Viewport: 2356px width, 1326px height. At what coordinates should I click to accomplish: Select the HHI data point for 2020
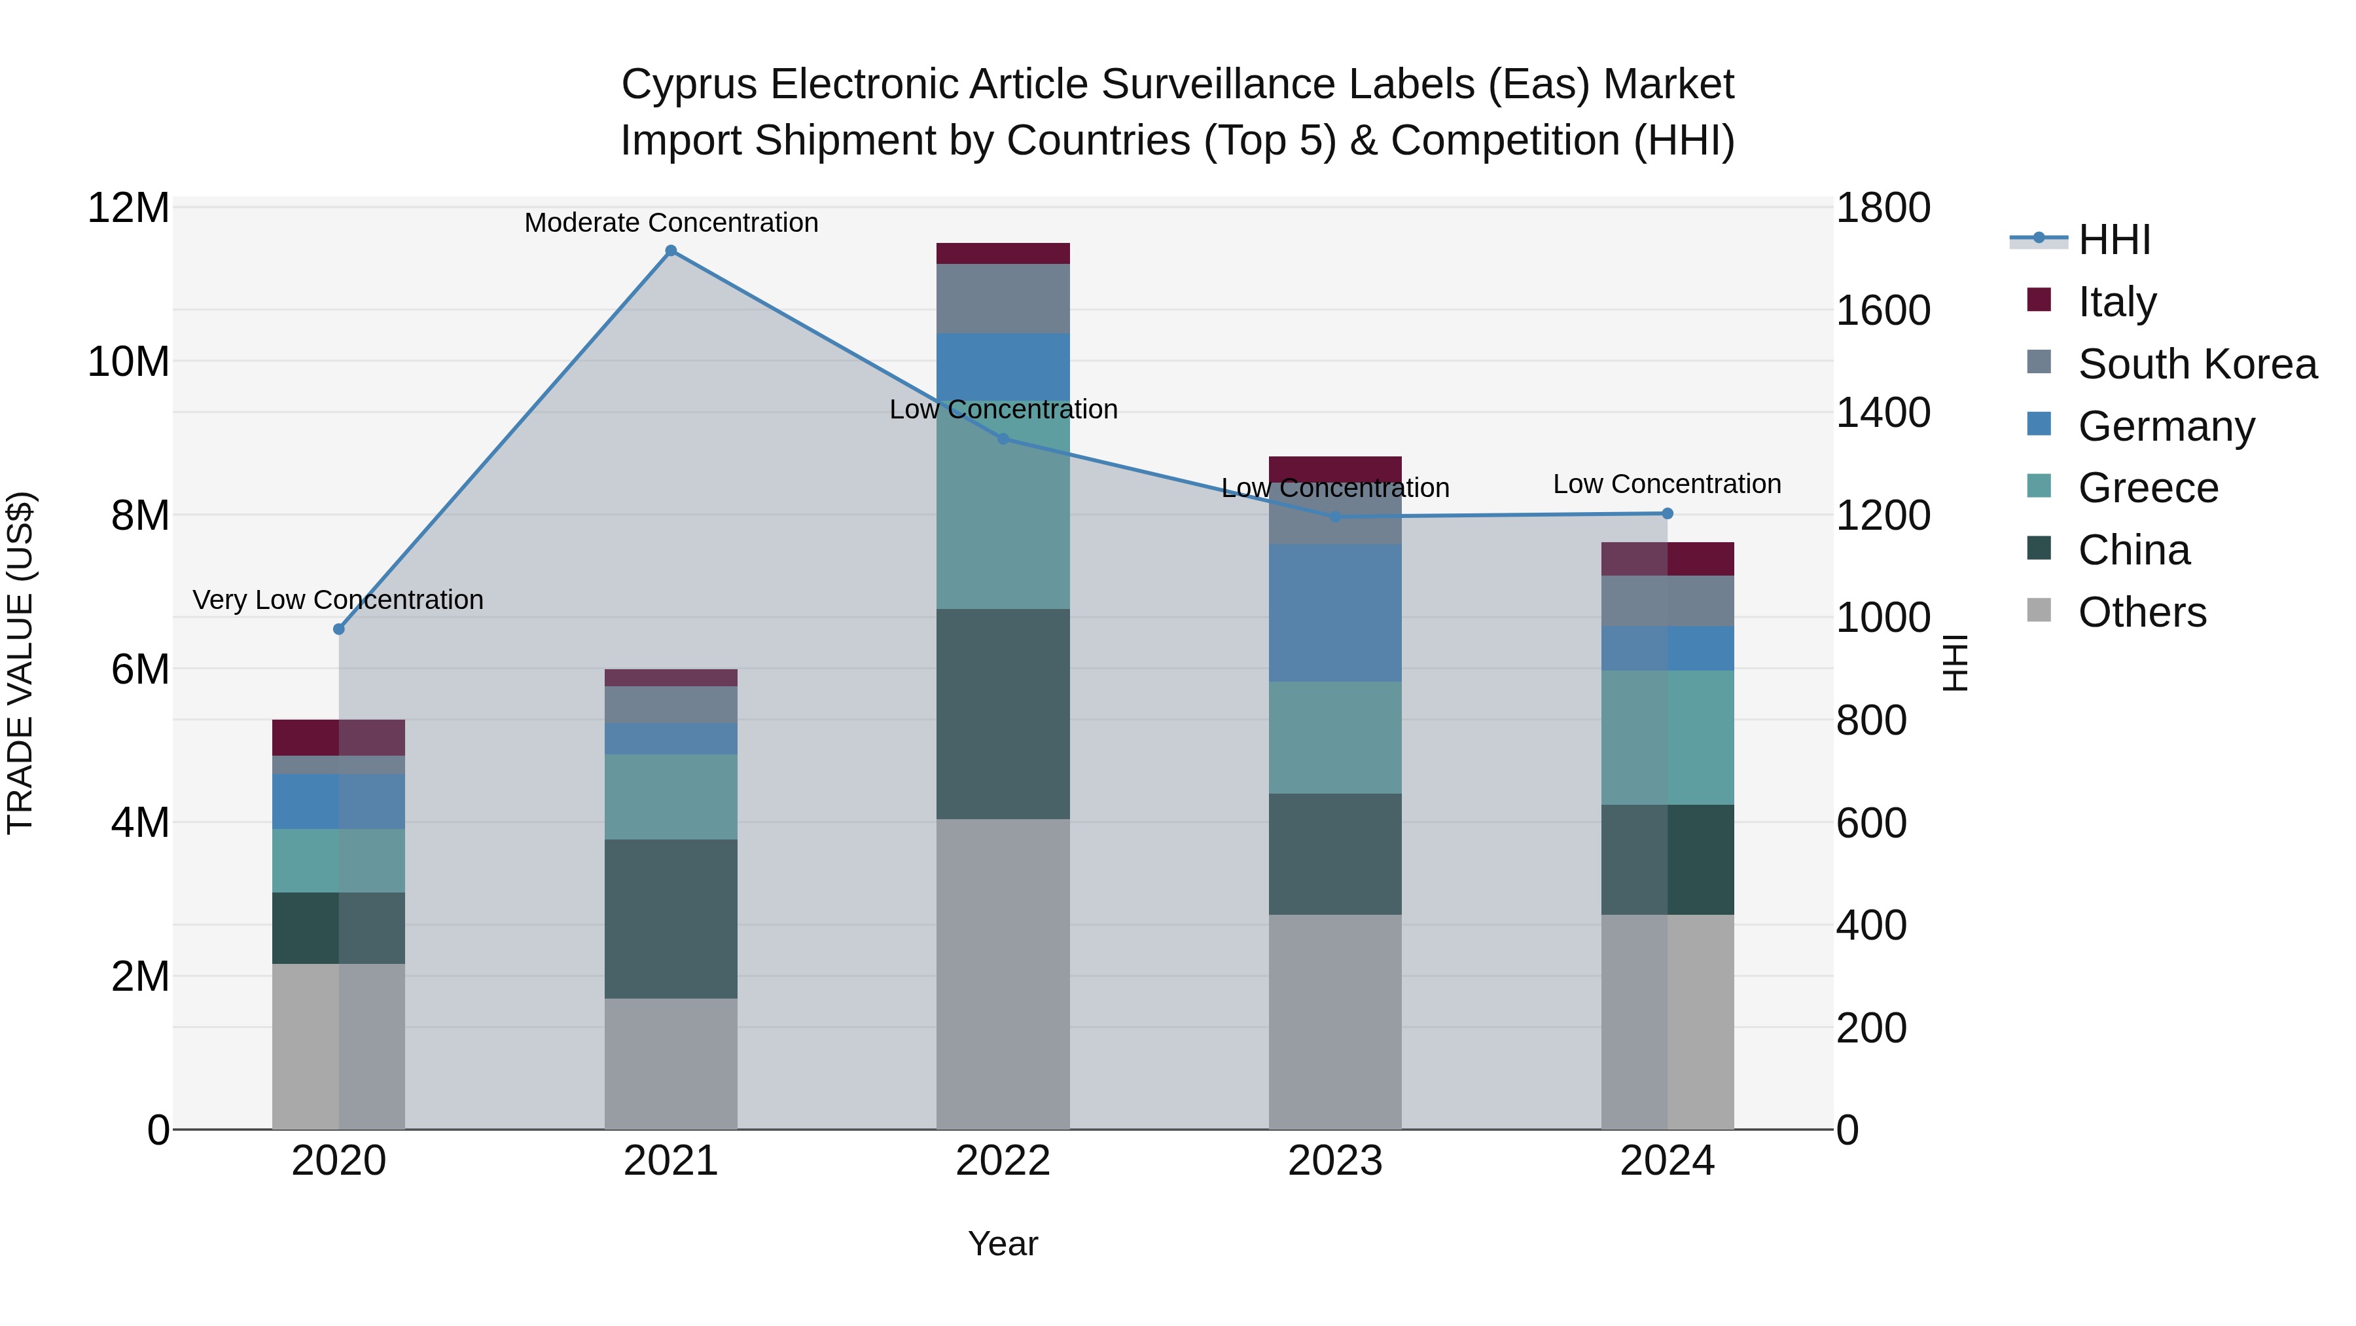(338, 629)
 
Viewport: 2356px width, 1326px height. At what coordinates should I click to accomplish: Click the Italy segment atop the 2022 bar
(1003, 253)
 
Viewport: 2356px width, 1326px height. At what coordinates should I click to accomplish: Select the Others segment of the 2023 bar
(1334, 1022)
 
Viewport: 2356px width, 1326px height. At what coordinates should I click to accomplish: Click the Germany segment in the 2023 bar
(1334, 612)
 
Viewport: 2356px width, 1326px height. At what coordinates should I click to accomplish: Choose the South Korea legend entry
(2197, 364)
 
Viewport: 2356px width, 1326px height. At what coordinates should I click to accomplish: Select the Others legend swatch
(2039, 610)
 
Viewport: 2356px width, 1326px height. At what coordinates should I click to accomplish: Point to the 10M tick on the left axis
(128, 361)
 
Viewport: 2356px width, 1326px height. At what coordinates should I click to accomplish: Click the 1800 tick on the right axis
(1882, 208)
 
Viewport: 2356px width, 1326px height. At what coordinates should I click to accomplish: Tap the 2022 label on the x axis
(1003, 1161)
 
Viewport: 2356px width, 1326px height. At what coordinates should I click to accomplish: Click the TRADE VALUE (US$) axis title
(20, 663)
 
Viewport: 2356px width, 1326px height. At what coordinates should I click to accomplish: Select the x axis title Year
(1003, 1243)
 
